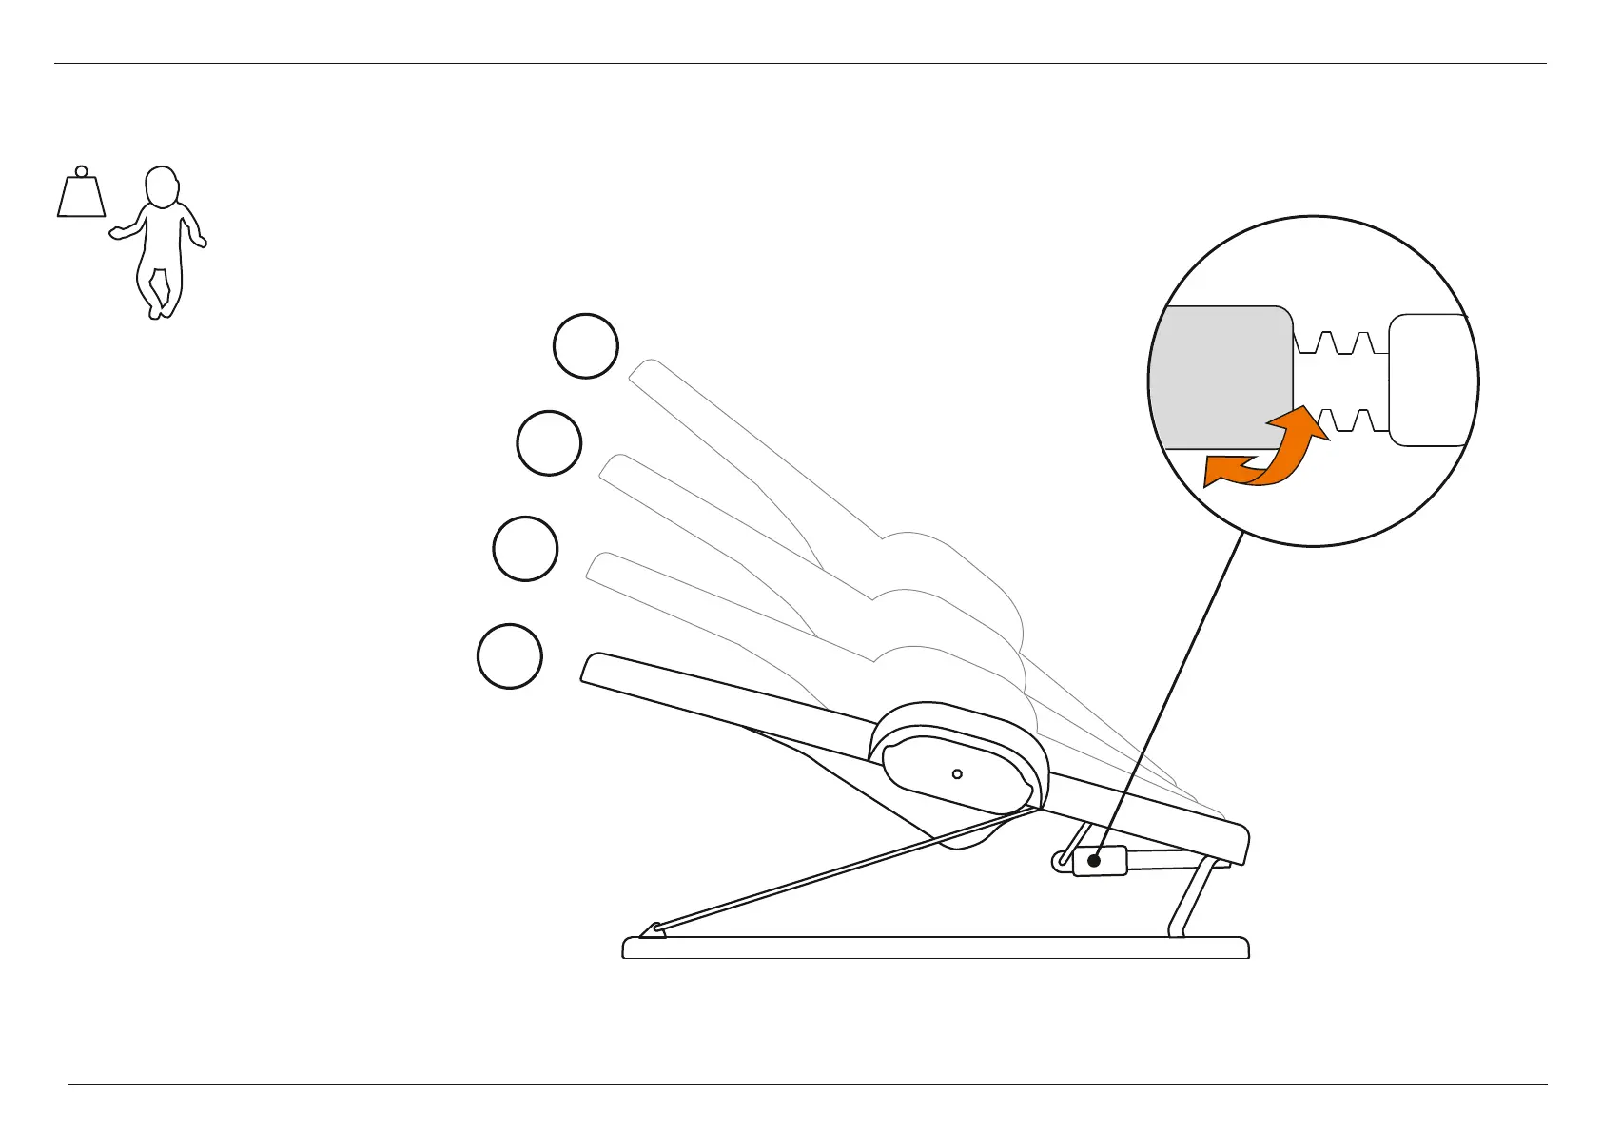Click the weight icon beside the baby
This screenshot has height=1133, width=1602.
click(81, 197)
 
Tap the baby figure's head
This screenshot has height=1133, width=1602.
click(163, 186)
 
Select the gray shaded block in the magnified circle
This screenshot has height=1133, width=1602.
click(1222, 376)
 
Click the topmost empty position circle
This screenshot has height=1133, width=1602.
click(586, 346)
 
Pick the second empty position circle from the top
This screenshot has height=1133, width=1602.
click(549, 443)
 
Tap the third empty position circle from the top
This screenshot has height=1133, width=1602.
click(525, 549)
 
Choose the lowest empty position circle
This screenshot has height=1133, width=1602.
click(510, 655)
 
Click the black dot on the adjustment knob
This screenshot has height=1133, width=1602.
click(1095, 861)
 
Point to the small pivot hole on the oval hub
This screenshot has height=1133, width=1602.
click(957, 774)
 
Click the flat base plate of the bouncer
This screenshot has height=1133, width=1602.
click(935, 947)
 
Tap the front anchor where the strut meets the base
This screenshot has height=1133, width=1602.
click(653, 929)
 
